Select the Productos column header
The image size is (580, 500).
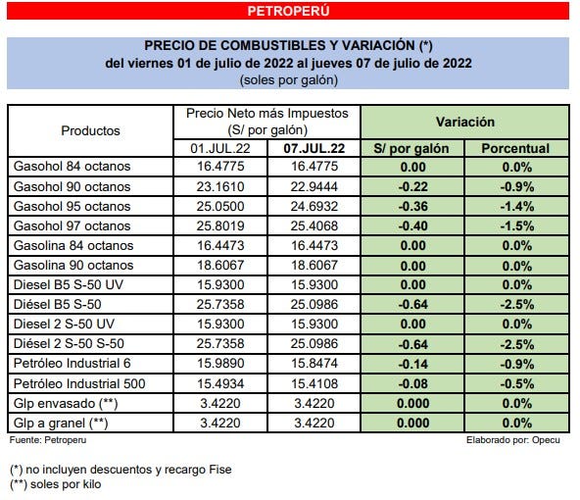91,129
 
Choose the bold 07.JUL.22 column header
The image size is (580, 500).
314,148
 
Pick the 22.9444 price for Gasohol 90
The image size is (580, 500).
314,186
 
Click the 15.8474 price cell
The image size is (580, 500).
314,363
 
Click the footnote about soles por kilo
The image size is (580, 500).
56,484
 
